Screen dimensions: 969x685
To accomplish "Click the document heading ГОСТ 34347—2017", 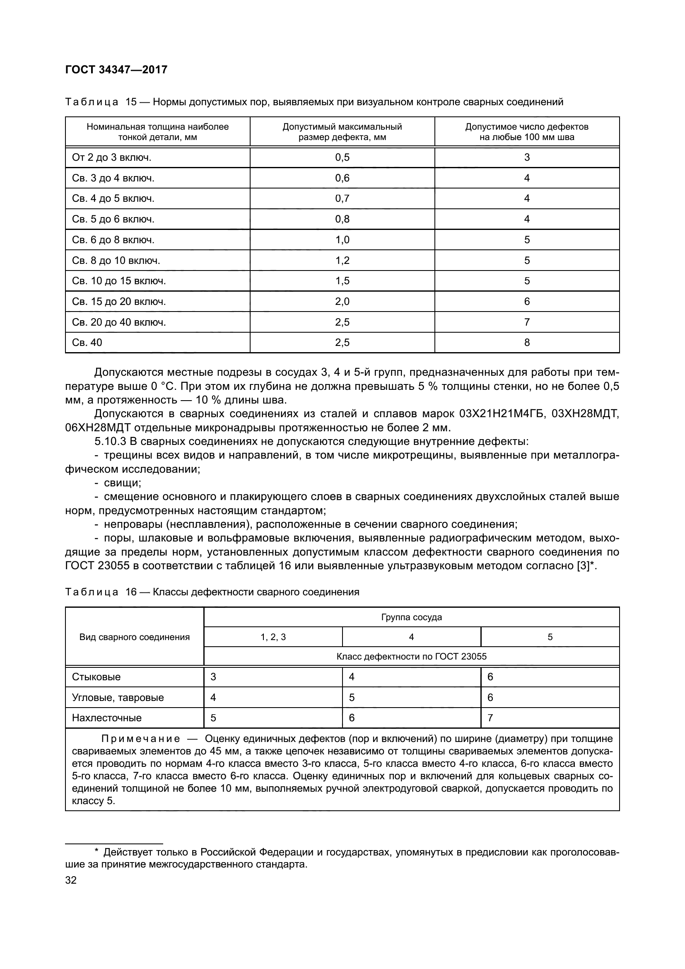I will coord(116,70).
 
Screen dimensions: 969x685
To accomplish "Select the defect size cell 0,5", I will coord(342,157).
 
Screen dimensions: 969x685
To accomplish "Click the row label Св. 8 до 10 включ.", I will coord(116,261).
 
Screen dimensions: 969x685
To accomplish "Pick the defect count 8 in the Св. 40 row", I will coord(526,342).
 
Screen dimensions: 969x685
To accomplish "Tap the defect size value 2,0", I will coord(342,301).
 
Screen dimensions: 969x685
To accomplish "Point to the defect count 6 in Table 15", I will coord(526,301).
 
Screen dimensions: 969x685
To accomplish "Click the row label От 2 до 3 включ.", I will coord(111,157).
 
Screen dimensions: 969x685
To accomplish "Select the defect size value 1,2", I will coord(342,261).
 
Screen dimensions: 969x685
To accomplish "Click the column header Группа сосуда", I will coord(411,617).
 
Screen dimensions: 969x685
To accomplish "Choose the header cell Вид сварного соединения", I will coord(134,637).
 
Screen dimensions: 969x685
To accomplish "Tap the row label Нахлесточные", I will coord(107,718).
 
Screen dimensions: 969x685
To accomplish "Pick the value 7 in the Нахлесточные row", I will coord(490,718).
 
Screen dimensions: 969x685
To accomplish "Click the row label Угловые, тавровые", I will coord(118,698).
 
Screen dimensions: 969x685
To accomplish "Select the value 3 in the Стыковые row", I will coord(213,677).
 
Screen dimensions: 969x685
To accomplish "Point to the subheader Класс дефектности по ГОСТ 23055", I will coord(411,657).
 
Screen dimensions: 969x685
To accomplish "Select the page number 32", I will coord(71,880).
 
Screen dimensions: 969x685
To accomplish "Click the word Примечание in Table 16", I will coord(140,739).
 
